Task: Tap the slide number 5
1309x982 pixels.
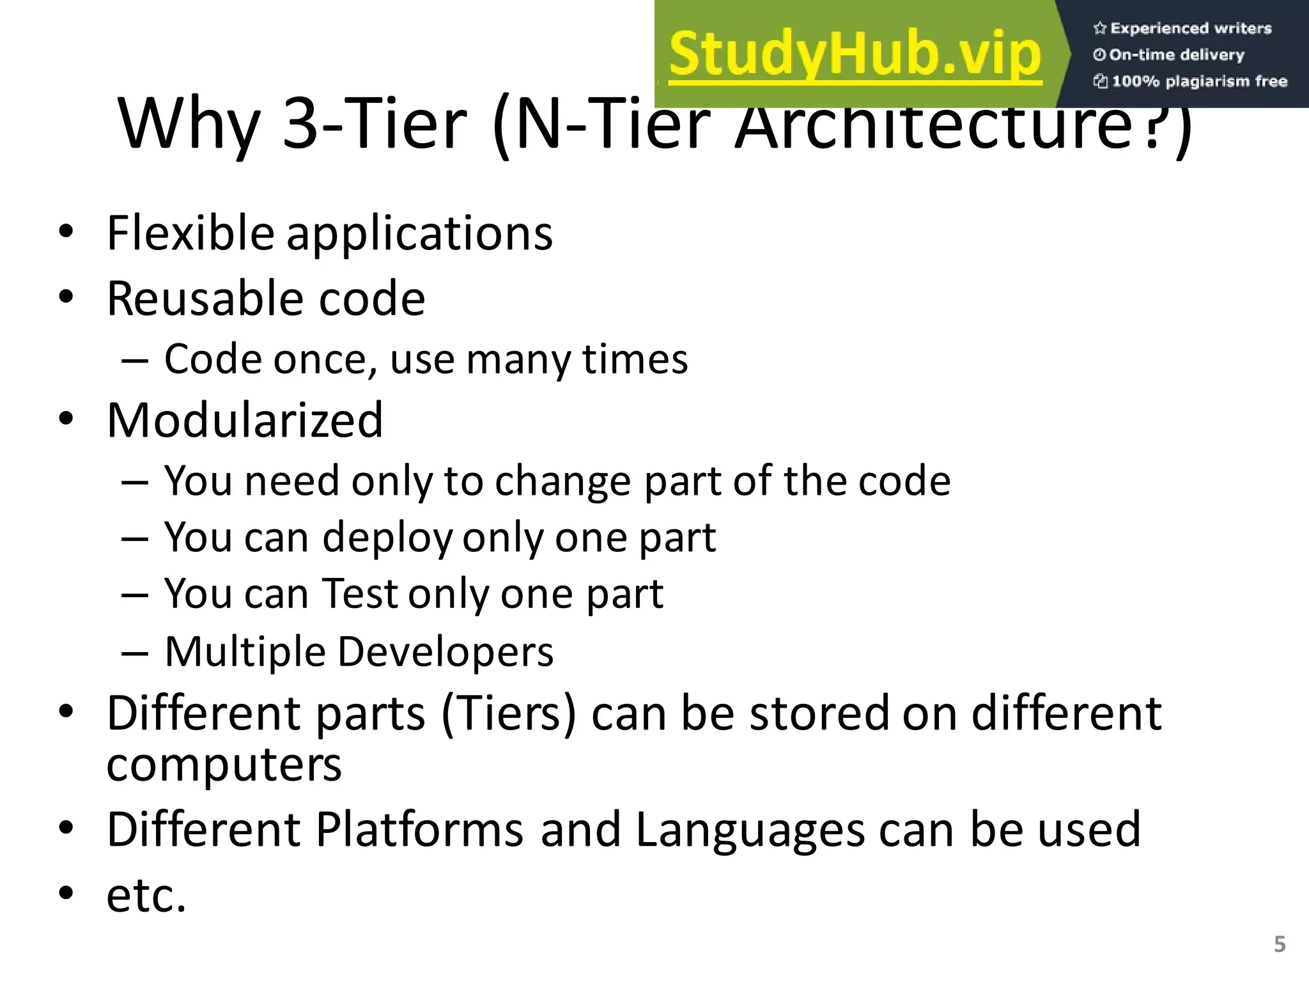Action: tap(1280, 944)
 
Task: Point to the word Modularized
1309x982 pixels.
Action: tap(245, 421)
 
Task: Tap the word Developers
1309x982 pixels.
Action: tap(445, 652)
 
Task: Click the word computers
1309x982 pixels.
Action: tap(224, 765)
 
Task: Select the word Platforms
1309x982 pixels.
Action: tap(419, 829)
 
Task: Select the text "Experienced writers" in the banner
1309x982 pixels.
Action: tap(1190, 28)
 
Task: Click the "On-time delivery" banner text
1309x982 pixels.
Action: tap(1176, 55)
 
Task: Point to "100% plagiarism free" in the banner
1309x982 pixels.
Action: tap(1198, 81)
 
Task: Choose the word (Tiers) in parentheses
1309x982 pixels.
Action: tap(509, 713)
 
